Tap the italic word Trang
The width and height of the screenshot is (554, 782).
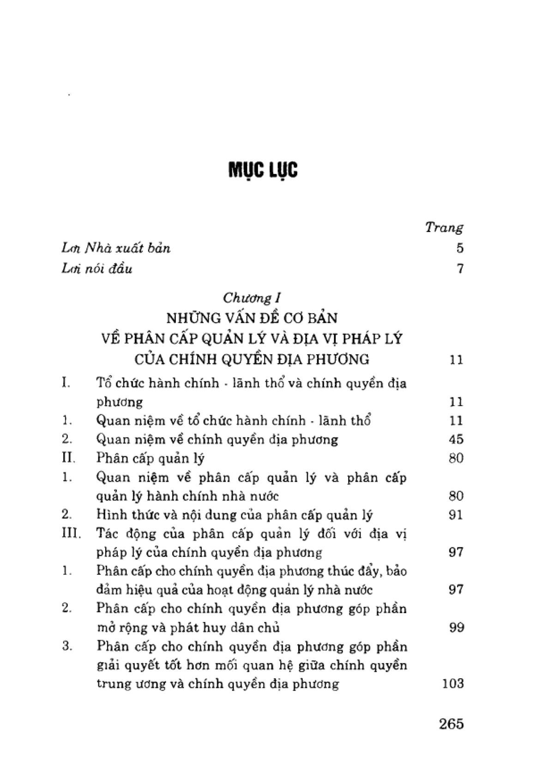click(x=444, y=227)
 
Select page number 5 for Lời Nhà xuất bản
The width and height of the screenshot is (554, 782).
click(x=459, y=248)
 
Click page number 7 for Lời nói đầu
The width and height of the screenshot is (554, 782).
click(x=459, y=269)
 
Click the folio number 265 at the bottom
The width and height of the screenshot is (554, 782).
click(x=451, y=724)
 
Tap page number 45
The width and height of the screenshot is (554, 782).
click(x=456, y=439)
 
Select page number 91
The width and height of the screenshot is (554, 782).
click(x=456, y=515)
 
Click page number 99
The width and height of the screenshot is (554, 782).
click(x=456, y=628)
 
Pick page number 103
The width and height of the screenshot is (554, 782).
click(x=452, y=683)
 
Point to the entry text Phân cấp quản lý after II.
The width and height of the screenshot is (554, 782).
click(x=151, y=459)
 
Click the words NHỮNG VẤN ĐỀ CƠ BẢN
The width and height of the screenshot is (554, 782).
click(x=252, y=318)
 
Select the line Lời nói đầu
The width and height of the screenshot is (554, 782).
click(x=97, y=269)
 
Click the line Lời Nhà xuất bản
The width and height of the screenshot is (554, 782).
click(x=116, y=248)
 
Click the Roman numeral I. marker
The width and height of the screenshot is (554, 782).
click(x=66, y=383)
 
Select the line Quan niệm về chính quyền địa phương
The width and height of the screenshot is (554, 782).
click(x=217, y=439)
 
